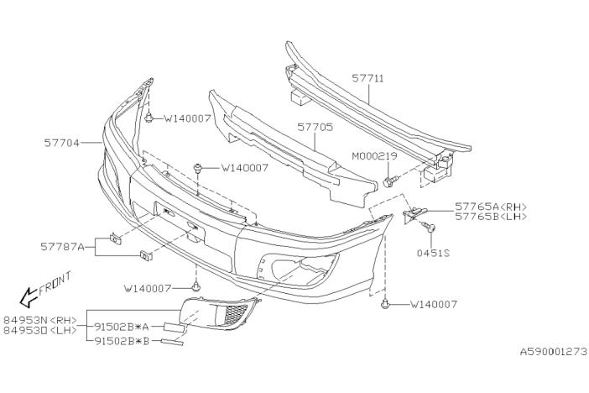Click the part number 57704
(61, 144)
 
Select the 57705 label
(315, 128)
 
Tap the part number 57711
(367, 78)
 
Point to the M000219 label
(373, 157)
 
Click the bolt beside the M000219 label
(389, 181)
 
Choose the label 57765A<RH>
(491, 206)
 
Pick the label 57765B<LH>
(491, 217)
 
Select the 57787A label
(62, 247)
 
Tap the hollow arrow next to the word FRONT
(28, 295)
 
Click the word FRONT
(55, 281)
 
